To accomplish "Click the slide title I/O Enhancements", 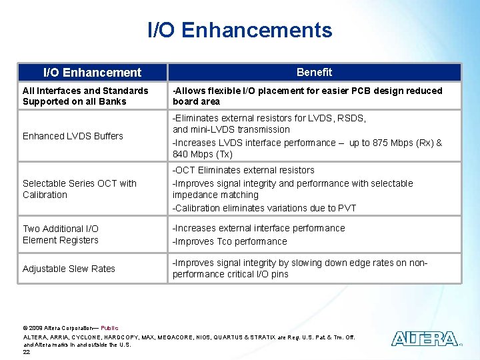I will pos(239,30).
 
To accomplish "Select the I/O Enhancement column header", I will pos(92,72).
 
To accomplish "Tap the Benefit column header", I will pos(314,72).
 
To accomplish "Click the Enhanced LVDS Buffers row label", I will pos(73,136).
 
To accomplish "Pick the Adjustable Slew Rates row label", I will pos(69,269).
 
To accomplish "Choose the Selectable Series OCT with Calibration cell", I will pos(79,189).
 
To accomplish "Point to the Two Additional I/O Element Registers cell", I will pos(61,234).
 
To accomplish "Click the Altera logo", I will pos(424,339).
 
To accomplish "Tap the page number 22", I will pos(27,352).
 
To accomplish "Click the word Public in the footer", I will pos(109,328).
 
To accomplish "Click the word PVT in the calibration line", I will pos(346,208).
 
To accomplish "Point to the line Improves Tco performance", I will pos(230,241).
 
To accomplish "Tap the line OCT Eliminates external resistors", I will pos(243,171).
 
